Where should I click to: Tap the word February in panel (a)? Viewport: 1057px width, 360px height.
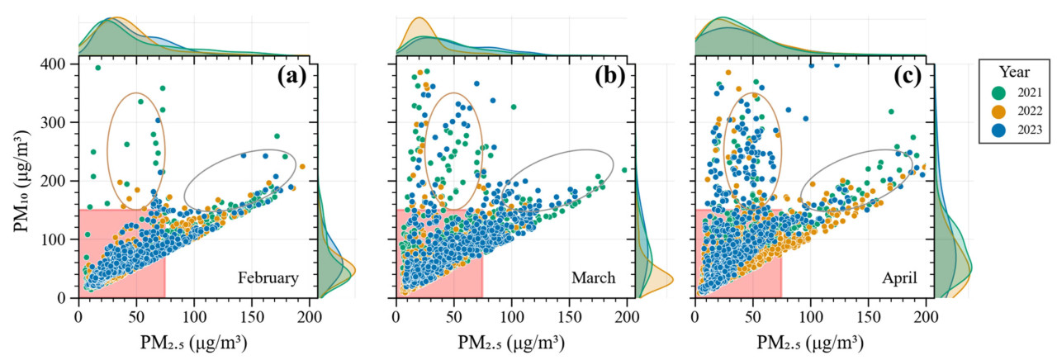(x=268, y=278)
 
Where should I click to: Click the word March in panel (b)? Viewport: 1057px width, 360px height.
(x=594, y=278)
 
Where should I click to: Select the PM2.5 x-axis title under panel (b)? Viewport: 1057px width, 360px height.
(x=511, y=339)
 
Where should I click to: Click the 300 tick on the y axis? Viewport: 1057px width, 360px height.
(x=55, y=122)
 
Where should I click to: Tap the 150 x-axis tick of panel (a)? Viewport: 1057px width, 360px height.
(x=252, y=314)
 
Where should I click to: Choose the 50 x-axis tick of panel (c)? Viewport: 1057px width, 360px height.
(x=752, y=314)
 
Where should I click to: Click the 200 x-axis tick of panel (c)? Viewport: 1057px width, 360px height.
(x=926, y=314)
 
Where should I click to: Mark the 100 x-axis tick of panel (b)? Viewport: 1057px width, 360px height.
(x=511, y=314)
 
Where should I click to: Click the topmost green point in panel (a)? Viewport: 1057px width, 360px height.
(x=97, y=68)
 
